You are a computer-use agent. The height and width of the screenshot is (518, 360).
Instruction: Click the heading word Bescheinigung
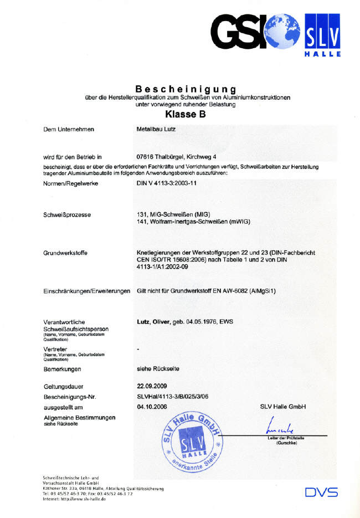pos(186,89)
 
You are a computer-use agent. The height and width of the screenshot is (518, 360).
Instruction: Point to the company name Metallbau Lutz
pos(156,129)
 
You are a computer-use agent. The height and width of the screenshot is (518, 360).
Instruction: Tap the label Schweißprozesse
pos(67,214)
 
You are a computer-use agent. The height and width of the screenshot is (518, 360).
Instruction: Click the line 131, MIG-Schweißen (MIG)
pos(173,214)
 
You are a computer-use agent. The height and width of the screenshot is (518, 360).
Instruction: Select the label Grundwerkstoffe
pos(65,253)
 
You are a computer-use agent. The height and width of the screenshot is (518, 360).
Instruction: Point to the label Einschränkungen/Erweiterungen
pos(86,291)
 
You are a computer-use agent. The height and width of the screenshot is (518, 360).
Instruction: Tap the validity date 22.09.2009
pos(151,386)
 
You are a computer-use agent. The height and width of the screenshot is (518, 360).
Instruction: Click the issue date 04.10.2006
pos(151,407)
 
